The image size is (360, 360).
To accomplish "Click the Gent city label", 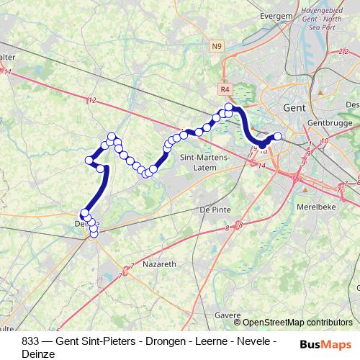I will pyautogui.click(x=296, y=107).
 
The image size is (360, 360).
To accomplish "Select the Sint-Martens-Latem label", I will pyautogui.click(x=204, y=163).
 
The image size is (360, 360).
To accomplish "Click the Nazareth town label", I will pyautogui.click(x=160, y=264).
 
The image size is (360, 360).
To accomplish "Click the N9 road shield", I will pyautogui.click(x=217, y=47).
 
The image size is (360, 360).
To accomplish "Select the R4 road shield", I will pyautogui.click(x=226, y=89).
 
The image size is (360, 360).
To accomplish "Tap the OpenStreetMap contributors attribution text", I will pyautogui.click(x=297, y=323).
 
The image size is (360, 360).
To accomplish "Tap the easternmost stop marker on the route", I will pyautogui.click(x=278, y=135).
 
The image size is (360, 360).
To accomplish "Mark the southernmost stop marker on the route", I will pyautogui.click(x=94, y=233).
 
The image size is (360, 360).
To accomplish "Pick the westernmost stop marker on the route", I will pyautogui.click(x=84, y=214).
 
